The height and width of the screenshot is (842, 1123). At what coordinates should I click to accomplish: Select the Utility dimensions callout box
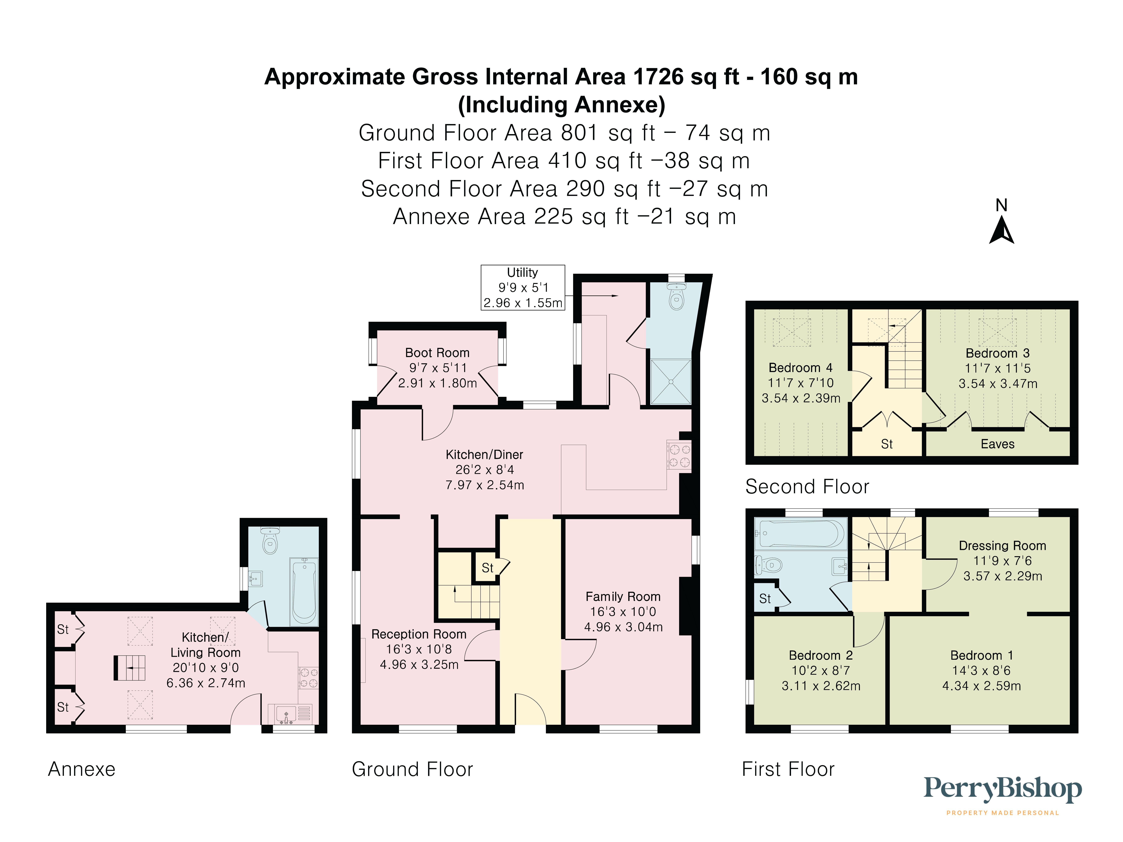click(522, 288)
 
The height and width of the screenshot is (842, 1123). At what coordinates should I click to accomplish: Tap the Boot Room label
click(437, 353)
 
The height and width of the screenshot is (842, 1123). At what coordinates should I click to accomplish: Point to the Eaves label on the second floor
click(997, 444)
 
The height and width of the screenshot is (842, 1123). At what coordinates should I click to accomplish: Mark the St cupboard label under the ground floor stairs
click(487, 568)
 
